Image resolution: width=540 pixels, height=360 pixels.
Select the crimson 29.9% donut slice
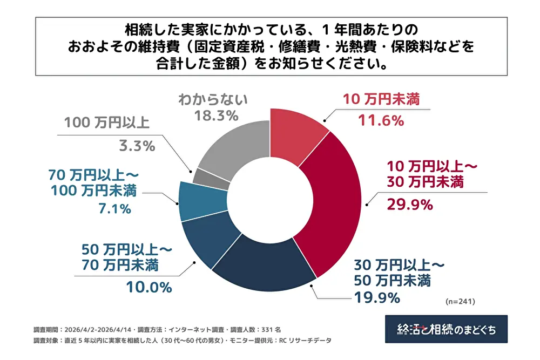click(x=332, y=203)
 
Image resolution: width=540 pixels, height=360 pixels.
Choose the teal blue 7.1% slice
click(x=202, y=201)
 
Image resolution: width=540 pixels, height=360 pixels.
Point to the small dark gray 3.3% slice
click(x=210, y=179)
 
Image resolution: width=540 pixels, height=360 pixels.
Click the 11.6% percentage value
click(x=381, y=120)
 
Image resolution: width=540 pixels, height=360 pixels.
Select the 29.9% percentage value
click(x=410, y=205)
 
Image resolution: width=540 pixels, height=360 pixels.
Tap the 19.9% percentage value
click(x=377, y=297)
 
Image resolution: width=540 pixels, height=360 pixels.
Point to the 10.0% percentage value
click(x=149, y=287)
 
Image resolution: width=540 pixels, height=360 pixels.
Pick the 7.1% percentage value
click(x=114, y=208)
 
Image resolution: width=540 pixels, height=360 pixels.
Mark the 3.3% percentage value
click(x=137, y=146)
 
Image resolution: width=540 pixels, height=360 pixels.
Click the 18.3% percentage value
click(x=217, y=116)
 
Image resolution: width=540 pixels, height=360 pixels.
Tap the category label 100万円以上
click(x=107, y=123)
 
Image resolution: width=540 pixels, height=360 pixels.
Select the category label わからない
click(x=213, y=99)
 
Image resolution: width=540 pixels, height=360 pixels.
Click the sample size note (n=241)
click(x=460, y=302)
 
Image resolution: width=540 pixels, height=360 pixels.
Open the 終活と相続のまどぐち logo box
click(x=447, y=329)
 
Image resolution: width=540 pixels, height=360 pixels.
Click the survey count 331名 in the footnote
click(x=271, y=330)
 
